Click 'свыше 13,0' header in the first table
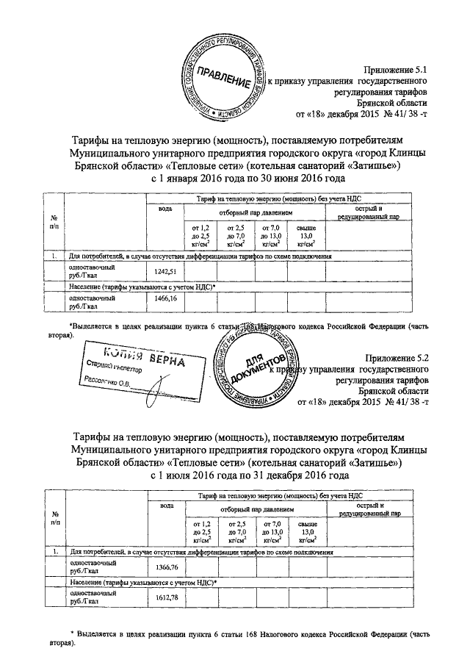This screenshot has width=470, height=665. tap(305, 235)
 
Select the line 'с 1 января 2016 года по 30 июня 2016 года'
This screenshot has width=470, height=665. tap(247, 179)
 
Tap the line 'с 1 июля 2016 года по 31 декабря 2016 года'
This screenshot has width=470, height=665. tap(249, 475)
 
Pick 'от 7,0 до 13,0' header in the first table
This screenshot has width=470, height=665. tap(271, 235)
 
